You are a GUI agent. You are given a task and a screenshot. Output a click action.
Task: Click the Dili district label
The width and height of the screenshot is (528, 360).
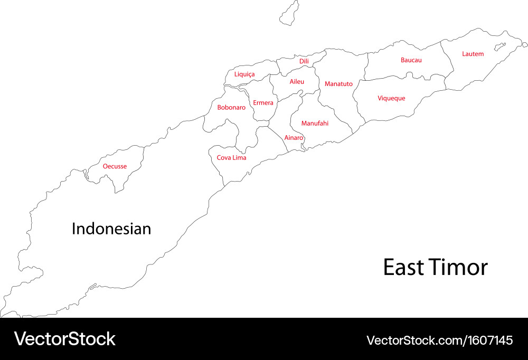pos(304,61)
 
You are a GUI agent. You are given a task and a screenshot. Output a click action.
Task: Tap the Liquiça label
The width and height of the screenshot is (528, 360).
pos(244,74)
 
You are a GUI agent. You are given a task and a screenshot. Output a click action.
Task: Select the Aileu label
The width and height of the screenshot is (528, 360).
pos(297,82)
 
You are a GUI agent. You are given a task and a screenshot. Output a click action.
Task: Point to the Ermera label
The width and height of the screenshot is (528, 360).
pos(263,103)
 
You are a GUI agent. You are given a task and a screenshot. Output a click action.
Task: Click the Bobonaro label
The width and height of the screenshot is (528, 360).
pos(231,108)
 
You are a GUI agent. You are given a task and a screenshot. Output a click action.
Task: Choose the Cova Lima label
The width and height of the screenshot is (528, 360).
pos(231,158)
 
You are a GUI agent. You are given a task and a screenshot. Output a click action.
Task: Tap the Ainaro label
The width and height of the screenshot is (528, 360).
pos(294,138)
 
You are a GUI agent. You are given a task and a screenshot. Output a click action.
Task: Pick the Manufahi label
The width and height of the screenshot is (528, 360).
pos(315,124)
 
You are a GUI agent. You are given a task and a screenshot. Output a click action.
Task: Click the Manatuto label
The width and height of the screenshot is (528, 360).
pos(338,84)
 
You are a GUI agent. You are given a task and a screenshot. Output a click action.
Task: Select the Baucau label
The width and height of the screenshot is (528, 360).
pos(411,60)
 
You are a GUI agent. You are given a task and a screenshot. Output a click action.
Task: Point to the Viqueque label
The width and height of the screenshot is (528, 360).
pos(391,98)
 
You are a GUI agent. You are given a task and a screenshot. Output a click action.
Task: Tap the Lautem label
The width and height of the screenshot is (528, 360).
pos(473,54)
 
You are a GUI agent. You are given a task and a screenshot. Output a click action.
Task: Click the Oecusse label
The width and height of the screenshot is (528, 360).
pos(115,166)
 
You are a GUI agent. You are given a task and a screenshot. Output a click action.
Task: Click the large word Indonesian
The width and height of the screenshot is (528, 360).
pos(111,229)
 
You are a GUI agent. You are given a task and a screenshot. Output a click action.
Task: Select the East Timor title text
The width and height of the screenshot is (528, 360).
pos(435,268)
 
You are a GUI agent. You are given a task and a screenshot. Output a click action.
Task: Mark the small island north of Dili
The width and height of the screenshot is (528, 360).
pos(289,13)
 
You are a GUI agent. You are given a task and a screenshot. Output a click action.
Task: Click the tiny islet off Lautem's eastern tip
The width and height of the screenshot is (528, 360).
pos(500,46)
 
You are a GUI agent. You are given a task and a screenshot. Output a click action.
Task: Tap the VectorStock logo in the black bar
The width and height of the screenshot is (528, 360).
pos(64,339)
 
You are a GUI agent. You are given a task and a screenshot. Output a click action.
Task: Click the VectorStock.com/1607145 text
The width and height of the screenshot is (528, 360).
pos(439,340)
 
